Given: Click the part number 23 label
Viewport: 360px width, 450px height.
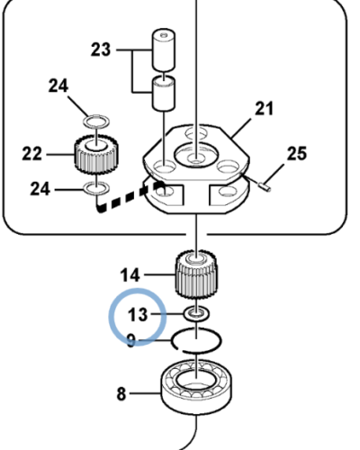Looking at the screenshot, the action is click(x=101, y=49).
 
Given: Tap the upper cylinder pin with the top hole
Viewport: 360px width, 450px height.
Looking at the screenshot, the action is click(x=164, y=50).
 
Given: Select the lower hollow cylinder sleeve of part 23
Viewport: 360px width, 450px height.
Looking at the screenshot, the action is click(x=164, y=94).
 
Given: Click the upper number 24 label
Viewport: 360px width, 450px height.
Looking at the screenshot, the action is click(x=58, y=85).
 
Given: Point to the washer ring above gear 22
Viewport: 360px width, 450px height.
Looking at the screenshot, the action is click(x=96, y=121).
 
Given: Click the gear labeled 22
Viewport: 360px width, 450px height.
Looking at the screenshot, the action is click(x=96, y=154).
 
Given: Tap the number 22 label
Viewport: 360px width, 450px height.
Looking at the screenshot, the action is click(x=31, y=154).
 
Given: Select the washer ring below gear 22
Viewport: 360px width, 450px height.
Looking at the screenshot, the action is click(x=96, y=188).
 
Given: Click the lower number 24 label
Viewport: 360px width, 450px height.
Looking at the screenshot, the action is click(x=40, y=189).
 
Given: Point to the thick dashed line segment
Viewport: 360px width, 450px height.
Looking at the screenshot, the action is click(x=130, y=196).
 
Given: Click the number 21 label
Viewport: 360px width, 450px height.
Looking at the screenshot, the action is click(x=264, y=109).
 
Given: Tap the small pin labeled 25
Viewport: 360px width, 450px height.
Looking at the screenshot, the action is click(x=265, y=186).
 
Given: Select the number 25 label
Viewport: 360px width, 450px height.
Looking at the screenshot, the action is click(x=297, y=154).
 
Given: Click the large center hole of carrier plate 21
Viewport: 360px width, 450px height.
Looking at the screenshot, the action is click(x=196, y=154).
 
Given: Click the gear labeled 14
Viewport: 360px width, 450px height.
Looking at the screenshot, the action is click(x=196, y=274).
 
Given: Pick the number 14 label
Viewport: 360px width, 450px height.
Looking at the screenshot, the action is click(x=130, y=275).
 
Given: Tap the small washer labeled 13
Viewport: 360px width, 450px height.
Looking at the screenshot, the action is click(x=196, y=314).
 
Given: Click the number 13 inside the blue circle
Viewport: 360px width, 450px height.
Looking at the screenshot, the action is click(x=138, y=315).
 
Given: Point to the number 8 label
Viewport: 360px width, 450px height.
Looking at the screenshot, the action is click(x=121, y=394).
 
